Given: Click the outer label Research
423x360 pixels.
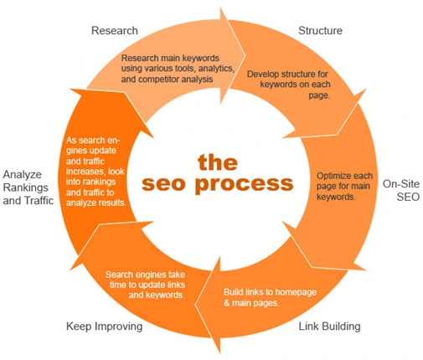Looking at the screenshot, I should tap(114, 31).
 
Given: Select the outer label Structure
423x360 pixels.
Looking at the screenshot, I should tap(321, 31).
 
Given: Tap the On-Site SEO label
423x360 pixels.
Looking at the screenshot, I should tap(400, 189).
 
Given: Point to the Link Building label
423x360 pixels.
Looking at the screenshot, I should tap(330, 325).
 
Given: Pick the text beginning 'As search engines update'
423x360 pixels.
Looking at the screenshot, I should tap(96, 172).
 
